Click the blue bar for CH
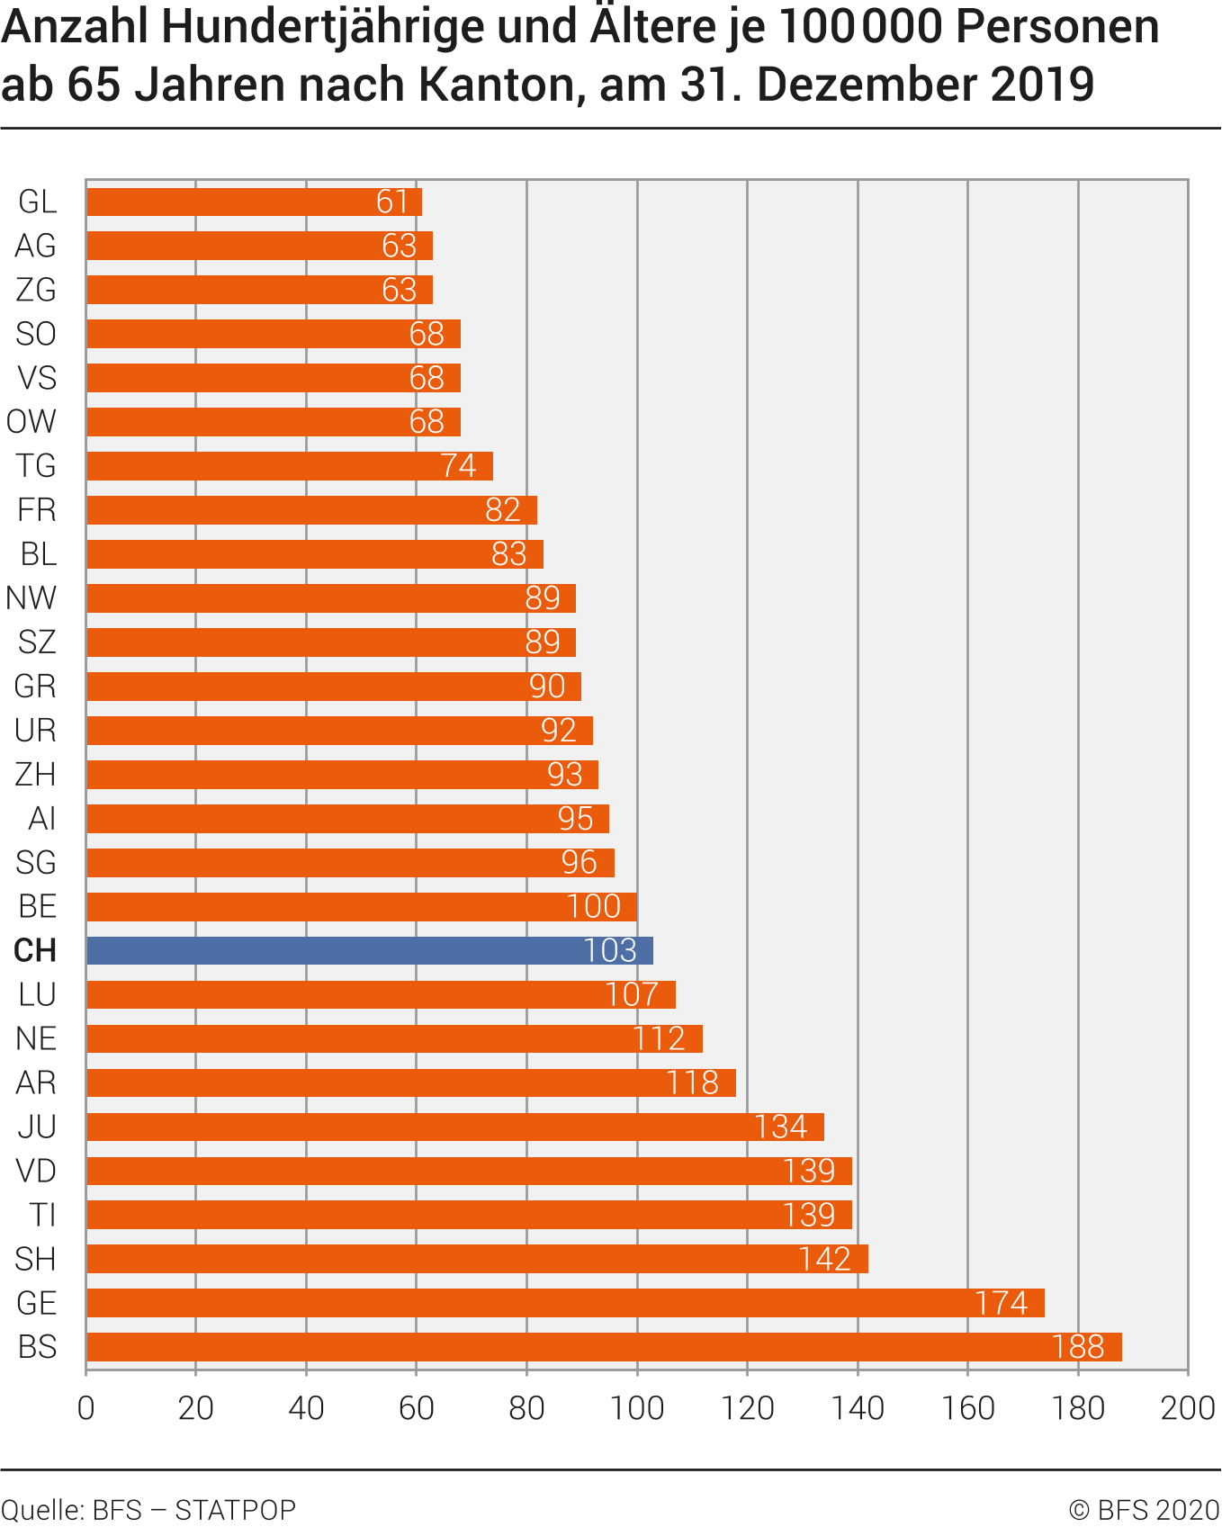point(369,950)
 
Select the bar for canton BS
point(603,1347)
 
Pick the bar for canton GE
point(565,1303)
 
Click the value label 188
point(1078,1347)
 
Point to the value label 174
point(1001,1303)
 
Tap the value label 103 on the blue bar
point(609,950)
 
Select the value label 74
point(458,466)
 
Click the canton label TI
point(42,1215)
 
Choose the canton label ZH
point(36,774)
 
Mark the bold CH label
point(35,950)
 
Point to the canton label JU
point(37,1127)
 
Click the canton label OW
point(31,422)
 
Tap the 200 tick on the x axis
point(1188,1408)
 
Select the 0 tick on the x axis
point(86,1408)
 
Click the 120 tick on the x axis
point(747,1408)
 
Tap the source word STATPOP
point(235,1509)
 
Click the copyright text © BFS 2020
point(1144,1509)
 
